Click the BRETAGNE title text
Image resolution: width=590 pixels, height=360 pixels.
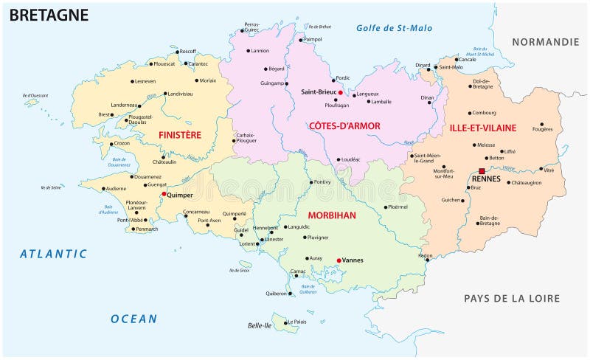49,15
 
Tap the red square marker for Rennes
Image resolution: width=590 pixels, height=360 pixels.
482,171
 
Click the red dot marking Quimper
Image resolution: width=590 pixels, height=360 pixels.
164,194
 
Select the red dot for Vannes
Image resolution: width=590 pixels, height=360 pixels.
339,260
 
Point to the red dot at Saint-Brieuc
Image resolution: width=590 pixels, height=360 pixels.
340,92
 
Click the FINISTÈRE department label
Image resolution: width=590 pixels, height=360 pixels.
179,135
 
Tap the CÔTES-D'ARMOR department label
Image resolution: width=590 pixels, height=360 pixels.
345,126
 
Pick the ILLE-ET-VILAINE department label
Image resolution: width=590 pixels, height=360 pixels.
483,128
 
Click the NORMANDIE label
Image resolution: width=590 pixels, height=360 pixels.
546,42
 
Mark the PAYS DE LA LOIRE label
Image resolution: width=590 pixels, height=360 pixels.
511,298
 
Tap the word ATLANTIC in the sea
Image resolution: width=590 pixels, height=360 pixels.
53,254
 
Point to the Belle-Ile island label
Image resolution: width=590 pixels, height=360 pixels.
259,325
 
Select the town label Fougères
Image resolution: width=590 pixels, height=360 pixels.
541,131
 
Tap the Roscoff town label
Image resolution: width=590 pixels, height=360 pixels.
187,51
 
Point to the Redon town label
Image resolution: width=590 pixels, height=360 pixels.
425,255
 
